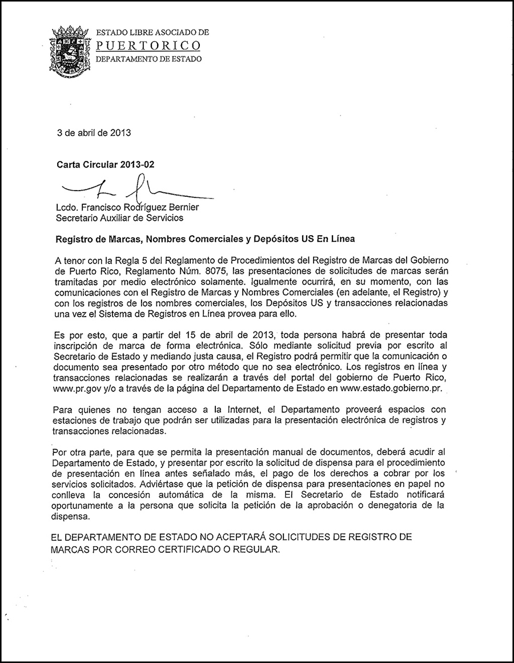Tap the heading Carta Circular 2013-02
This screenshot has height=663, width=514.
tap(105, 164)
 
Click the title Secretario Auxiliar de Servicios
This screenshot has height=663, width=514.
tap(119, 217)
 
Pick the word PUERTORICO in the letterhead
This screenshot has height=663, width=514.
tap(147, 45)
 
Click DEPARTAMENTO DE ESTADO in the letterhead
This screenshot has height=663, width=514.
tap(147, 59)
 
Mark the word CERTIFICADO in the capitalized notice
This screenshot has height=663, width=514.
tap(195, 549)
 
